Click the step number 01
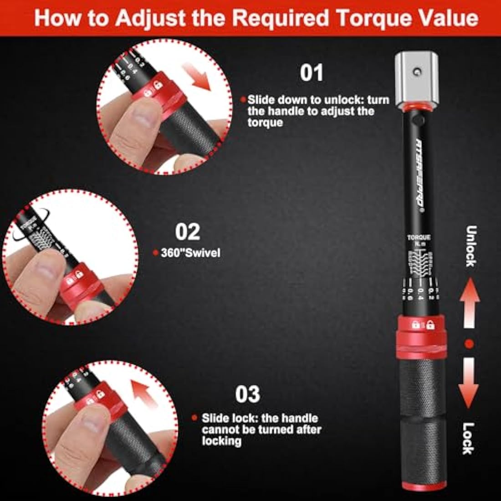click(x=312, y=73)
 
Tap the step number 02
click(x=188, y=232)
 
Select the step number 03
click(x=247, y=394)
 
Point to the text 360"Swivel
click(x=190, y=252)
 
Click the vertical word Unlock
click(x=471, y=246)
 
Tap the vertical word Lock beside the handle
click(x=469, y=438)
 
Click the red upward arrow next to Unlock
click(x=469, y=303)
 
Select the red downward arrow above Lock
click(x=469, y=383)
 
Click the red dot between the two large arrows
click(x=469, y=343)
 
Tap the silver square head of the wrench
click(x=417, y=77)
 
